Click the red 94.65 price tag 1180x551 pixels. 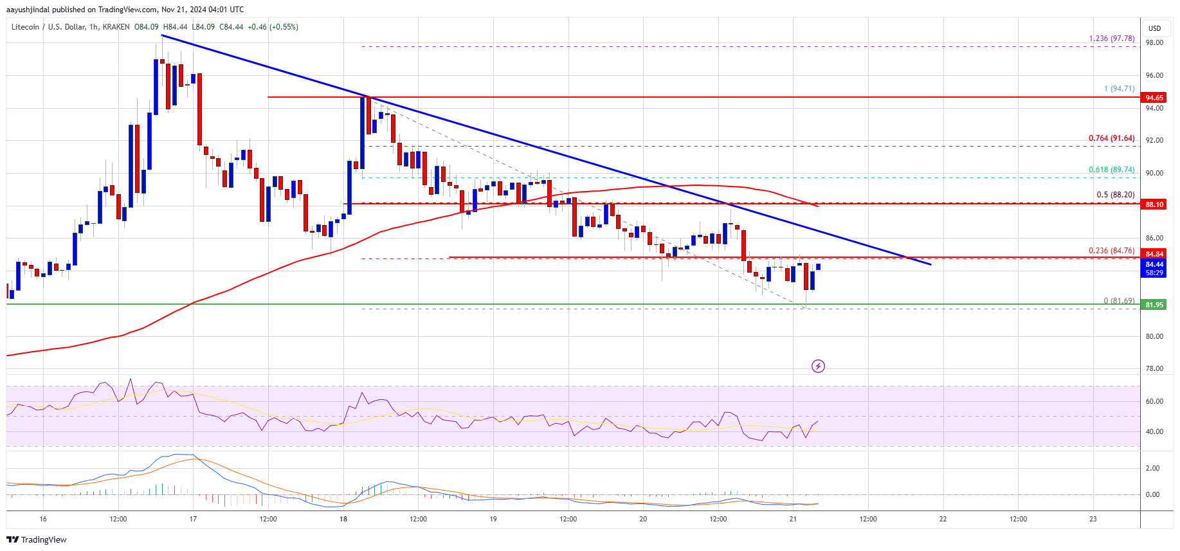coord(1154,98)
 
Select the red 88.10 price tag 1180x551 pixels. coord(1154,204)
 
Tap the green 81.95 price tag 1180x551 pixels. coord(1154,305)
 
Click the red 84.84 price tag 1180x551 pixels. coord(1154,254)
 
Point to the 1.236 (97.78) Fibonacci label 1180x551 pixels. coord(1111,39)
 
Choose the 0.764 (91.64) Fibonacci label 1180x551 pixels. coord(1111,138)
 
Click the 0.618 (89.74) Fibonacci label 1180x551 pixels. coord(1111,170)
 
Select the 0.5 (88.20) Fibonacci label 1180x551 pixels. coord(1115,195)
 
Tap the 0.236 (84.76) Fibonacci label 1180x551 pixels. coord(1111,251)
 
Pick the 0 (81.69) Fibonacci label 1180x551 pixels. coord(1119,301)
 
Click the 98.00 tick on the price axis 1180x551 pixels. coord(1154,43)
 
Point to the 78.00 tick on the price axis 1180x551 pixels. coord(1154,369)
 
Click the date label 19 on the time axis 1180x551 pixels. coord(493,519)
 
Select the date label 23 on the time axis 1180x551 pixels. coord(1093,519)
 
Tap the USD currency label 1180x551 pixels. coord(1155,28)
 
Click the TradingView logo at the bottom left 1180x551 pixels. coord(37,539)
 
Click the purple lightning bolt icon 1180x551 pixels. coord(818,366)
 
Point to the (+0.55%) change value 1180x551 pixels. coord(284,27)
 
